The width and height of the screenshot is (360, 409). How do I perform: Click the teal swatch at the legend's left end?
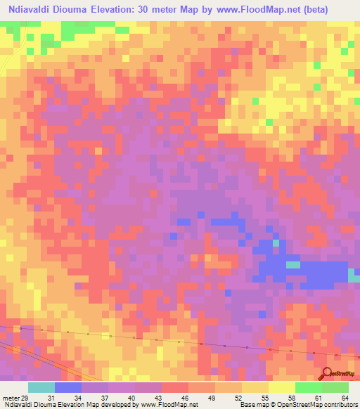click(x=41, y=387)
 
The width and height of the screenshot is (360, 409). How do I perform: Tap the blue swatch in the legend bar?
click(x=68, y=387)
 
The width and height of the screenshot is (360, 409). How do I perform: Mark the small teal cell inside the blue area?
click(x=292, y=265)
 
